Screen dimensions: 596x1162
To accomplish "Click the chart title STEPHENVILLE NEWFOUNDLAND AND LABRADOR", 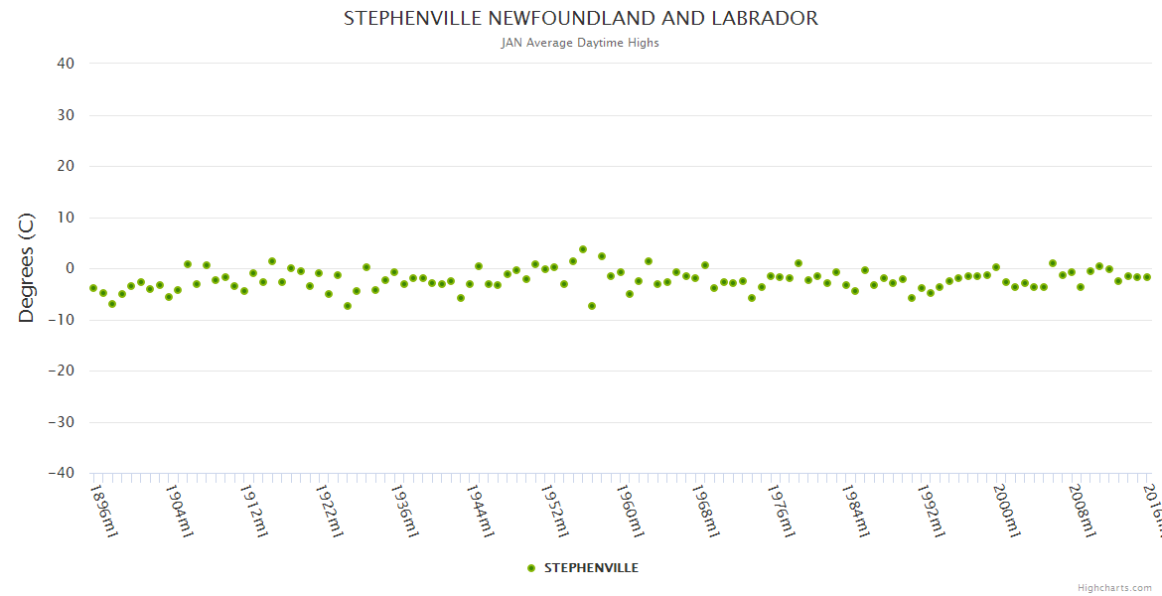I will tap(581, 18).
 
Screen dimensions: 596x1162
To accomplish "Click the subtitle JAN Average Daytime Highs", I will tap(581, 43).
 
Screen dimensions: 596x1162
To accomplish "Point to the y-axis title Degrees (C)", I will tap(27, 267).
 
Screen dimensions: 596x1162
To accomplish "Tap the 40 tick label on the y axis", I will tap(66, 64).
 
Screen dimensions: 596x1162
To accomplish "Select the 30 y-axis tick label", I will tap(66, 115).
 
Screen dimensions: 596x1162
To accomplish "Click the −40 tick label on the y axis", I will tap(61, 473).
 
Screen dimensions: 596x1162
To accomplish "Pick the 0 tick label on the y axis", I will tap(70, 268).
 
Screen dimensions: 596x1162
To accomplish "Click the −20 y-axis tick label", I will tap(61, 371).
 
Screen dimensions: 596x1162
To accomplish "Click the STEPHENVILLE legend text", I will tap(591, 568).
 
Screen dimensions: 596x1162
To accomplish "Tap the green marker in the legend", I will tap(531, 568).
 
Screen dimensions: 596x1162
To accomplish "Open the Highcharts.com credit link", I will tap(1114, 587).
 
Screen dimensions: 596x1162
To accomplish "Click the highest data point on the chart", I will tap(583, 249).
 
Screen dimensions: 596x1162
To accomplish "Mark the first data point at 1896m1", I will tap(93, 288).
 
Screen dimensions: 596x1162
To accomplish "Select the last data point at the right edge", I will tap(1146, 277).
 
